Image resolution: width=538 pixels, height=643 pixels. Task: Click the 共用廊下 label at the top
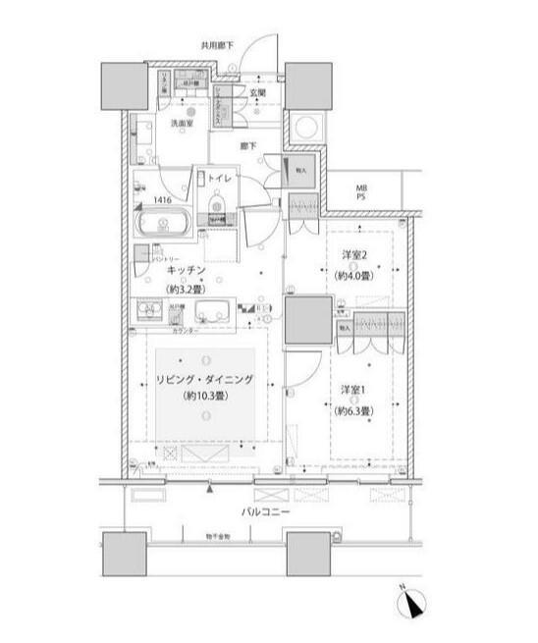point(217,45)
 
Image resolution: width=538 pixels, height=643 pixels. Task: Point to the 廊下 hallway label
point(248,146)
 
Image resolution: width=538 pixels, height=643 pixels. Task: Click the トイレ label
point(220,180)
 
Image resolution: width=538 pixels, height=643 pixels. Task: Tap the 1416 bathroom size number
point(162,197)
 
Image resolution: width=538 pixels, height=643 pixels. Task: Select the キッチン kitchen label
point(186,269)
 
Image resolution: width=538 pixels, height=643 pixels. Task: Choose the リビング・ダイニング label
point(204,378)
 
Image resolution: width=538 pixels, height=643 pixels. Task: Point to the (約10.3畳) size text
point(204,398)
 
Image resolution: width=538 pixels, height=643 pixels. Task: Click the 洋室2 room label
point(354,257)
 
